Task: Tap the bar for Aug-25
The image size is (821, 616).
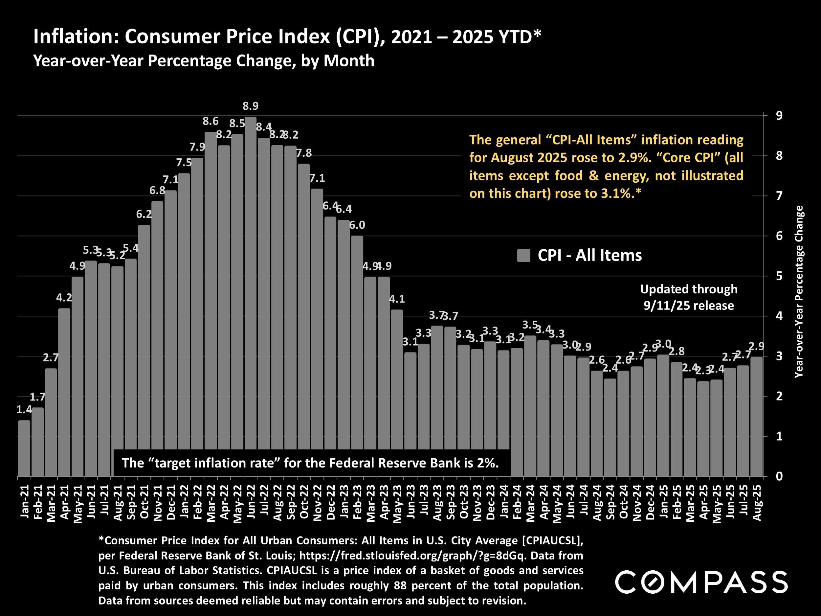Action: coord(756,416)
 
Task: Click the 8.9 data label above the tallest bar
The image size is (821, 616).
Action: coord(251,106)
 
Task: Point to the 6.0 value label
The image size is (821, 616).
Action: coord(357,225)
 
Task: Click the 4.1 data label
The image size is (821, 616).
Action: coord(397,299)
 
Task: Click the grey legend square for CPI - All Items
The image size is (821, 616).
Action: coord(523,256)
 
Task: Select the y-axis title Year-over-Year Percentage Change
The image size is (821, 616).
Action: coord(799,292)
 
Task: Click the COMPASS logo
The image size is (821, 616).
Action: coord(701,582)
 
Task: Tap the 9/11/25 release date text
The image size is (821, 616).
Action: coord(689,306)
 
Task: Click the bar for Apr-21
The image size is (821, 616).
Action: coord(64,392)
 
